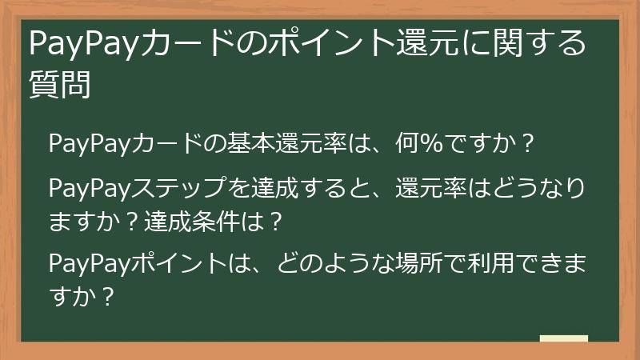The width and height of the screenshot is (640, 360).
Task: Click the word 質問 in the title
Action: coord(59,84)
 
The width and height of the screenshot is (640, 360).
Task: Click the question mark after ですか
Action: coord(526,146)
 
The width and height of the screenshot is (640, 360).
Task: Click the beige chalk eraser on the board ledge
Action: coord(563,338)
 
